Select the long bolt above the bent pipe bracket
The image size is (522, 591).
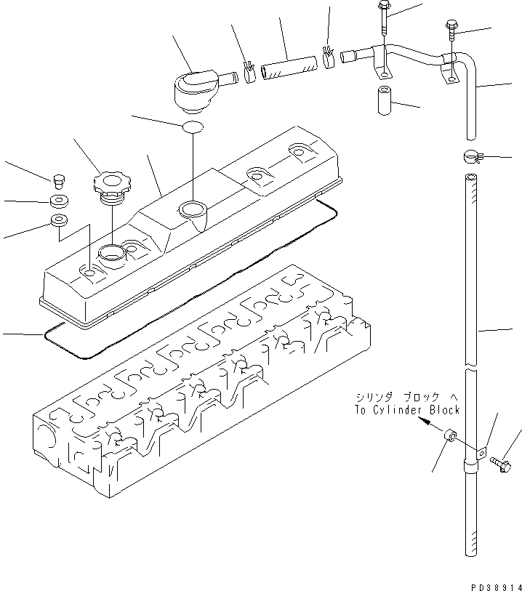pyautogui.click(x=383, y=25)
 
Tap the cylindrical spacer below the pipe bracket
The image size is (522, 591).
pyautogui.click(x=384, y=100)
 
